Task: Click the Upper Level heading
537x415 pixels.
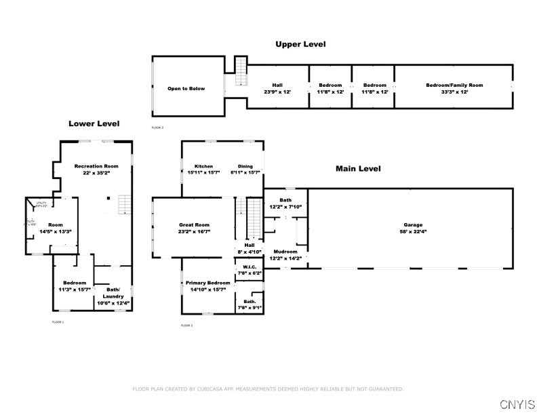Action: (300, 44)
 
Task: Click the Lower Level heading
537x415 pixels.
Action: (94, 123)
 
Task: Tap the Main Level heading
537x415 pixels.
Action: (358, 168)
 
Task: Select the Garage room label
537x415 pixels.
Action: (413, 224)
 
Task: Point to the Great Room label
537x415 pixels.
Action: (194, 224)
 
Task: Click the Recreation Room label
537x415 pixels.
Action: (96, 166)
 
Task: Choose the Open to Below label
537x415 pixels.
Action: (182, 88)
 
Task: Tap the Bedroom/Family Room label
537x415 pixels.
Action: (454, 85)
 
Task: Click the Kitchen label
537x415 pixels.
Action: (204, 166)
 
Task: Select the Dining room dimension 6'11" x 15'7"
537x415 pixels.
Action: (245, 172)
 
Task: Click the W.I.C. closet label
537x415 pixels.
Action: (247, 266)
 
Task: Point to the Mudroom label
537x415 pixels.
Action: (285, 251)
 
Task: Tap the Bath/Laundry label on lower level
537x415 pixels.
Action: (113, 293)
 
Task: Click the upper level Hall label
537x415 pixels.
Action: (277, 85)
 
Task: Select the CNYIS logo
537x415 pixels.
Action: (517, 404)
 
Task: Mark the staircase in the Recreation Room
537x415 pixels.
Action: (123, 203)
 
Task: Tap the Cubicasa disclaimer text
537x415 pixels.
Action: (268, 389)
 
